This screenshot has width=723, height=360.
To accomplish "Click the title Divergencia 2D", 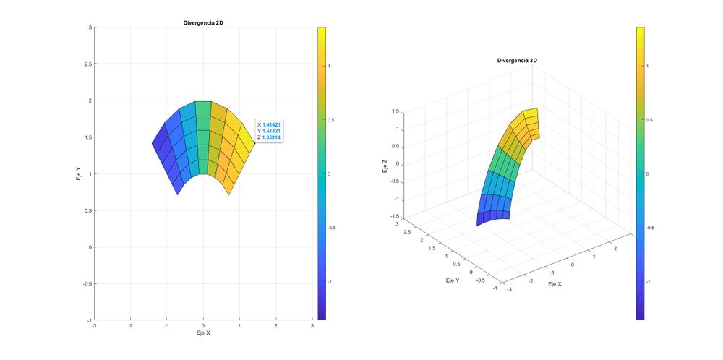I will click(203, 23).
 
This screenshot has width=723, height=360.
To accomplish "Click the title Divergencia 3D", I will click(518, 61).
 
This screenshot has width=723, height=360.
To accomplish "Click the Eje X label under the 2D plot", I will click(203, 334).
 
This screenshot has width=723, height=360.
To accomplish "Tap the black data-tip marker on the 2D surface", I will click(254, 143).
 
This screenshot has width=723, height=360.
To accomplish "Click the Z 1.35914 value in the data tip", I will click(271, 137).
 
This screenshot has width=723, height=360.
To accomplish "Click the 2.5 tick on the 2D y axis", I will click(88, 64).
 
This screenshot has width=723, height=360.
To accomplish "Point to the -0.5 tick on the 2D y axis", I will click(87, 283).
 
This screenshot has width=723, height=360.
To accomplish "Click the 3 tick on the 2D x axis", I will click(312, 326).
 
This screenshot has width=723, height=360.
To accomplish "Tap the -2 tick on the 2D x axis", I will click(130, 326).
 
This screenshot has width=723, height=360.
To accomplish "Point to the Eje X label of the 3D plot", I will click(555, 285).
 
